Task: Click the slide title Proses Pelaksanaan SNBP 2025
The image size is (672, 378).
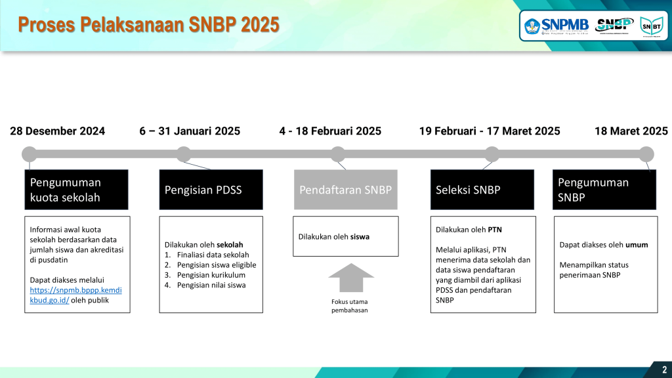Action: click(149, 24)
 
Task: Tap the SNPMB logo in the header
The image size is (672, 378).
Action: click(556, 26)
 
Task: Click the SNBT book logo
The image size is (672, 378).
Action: click(651, 26)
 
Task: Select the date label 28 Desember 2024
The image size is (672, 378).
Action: click(58, 131)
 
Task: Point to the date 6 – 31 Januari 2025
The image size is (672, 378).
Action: click(190, 131)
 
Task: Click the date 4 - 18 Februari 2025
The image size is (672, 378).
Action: click(330, 131)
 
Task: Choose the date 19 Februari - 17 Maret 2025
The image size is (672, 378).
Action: click(490, 131)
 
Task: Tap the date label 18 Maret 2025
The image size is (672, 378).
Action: click(631, 131)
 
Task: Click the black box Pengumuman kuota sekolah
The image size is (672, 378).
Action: click(76, 190)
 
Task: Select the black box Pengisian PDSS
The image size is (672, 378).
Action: click(211, 190)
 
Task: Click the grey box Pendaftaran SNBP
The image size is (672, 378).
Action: click(345, 190)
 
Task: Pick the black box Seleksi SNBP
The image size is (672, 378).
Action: click(482, 190)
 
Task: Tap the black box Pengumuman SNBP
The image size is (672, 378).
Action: click(604, 190)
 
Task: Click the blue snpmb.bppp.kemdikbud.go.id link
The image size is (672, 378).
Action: click(75, 295)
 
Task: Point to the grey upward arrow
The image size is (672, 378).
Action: click(351, 278)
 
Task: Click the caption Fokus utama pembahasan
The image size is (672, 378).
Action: click(349, 306)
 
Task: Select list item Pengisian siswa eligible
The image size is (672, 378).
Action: click(217, 265)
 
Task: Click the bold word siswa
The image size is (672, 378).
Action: click(360, 236)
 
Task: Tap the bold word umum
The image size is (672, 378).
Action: click(637, 245)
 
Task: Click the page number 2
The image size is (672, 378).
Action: click(664, 369)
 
